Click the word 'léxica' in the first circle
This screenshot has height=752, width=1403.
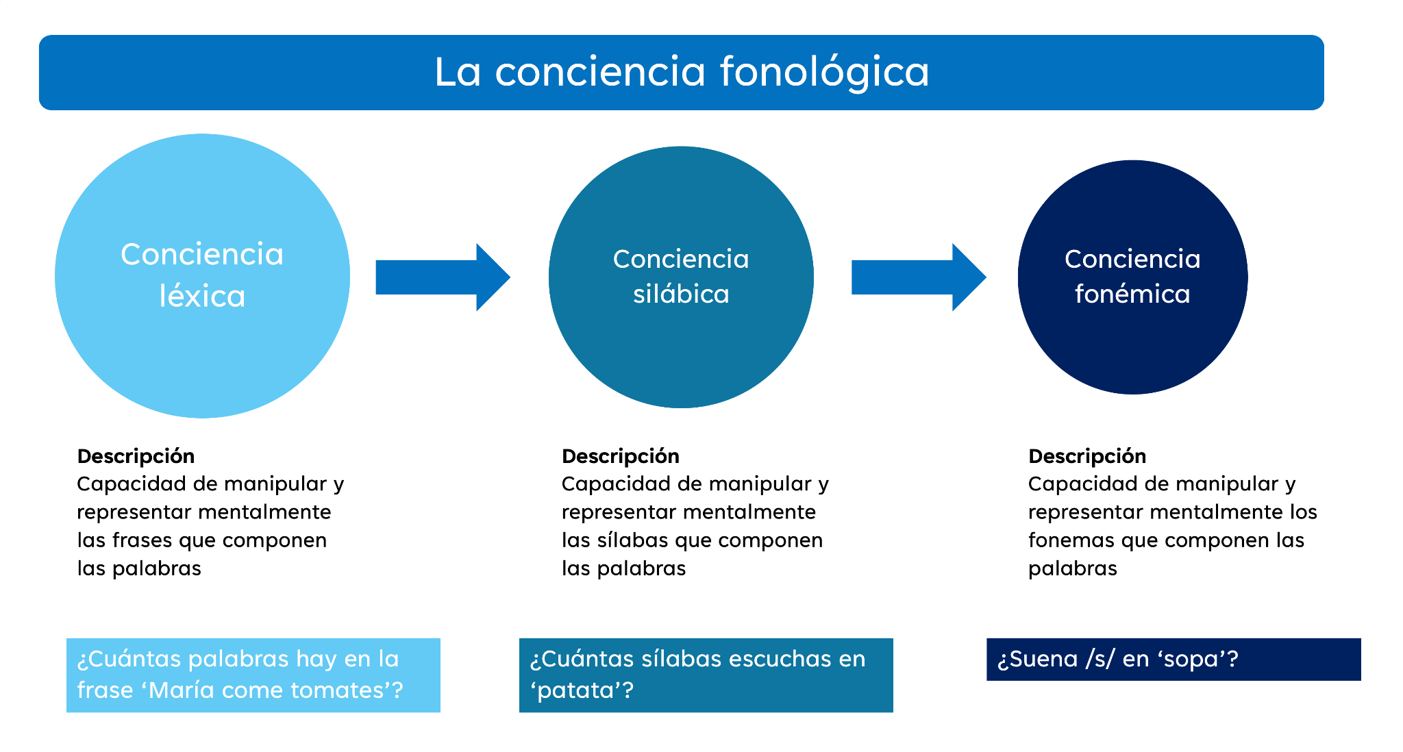[x=202, y=297]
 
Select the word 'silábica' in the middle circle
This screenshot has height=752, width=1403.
[x=681, y=294]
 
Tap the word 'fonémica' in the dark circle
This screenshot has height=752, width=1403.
[x=1132, y=294]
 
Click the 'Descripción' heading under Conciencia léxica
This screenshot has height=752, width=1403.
[x=136, y=456]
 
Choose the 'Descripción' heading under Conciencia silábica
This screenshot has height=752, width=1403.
[x=620, y=456]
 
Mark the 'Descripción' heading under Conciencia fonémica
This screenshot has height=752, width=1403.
[x=1087, y=456]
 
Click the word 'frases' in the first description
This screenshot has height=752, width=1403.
[x=142, y=540]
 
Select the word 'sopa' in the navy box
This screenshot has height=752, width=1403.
[x=1190, y=659]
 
